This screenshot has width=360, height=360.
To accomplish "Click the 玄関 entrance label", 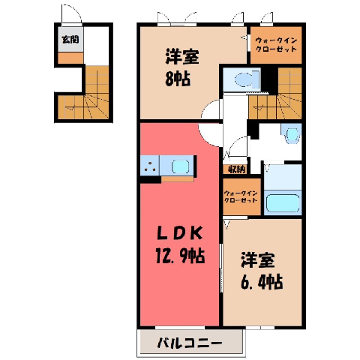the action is click(x=70, y=40).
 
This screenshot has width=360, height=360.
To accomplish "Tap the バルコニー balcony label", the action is click(x=190, y=343).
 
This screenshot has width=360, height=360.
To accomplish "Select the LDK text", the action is click(x=179, y=234).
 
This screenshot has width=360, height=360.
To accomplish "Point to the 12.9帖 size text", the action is click(x=180, y=256).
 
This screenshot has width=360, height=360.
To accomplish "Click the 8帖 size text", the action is click(x=178, y=79).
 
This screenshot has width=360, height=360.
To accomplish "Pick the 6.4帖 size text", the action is click(x=262, y=282).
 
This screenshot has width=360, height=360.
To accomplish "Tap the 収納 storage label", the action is click(x=235, y=170).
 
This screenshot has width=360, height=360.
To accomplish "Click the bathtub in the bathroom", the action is click(x=283, y=202).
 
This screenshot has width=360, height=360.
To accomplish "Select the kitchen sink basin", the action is click(x=180, y=166).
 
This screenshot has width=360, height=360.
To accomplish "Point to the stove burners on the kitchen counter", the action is click(x=150, y=166).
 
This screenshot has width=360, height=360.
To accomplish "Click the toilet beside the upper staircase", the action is click(x=246, y=79).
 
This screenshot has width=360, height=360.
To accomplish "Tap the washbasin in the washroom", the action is click(x=291, y=133).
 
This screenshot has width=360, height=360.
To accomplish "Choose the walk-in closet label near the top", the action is click(x=276, y=44).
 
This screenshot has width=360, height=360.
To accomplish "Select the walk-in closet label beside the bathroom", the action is click(x=241, y=196).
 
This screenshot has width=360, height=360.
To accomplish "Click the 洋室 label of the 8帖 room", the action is click(x=182, y=57).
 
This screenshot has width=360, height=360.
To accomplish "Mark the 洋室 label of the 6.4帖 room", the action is click(x=258, y=260).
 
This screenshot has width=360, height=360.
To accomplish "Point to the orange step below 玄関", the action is click(x=70, y=58).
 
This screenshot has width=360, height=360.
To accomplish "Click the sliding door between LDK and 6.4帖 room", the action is click(x=221, y=268).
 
